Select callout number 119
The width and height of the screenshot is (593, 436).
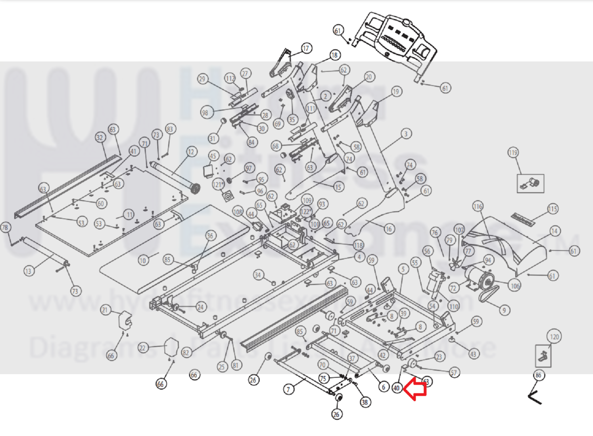(513, 153)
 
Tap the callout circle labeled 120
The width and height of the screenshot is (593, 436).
(554, 337)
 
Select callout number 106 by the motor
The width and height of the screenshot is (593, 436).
(514, 286)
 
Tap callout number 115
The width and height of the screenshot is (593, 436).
(553, 209)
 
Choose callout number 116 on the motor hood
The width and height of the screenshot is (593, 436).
(478, 206)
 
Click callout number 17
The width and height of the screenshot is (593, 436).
(306, 48)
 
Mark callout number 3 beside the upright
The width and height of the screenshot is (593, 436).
(405, 134)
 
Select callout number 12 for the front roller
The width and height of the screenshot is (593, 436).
(192, 152)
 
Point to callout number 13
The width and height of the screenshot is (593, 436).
(28, 271)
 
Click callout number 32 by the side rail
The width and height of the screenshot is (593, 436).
(100, 138)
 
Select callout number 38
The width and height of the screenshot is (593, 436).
(365, 402)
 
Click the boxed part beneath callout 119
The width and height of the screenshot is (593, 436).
(530, 183)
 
